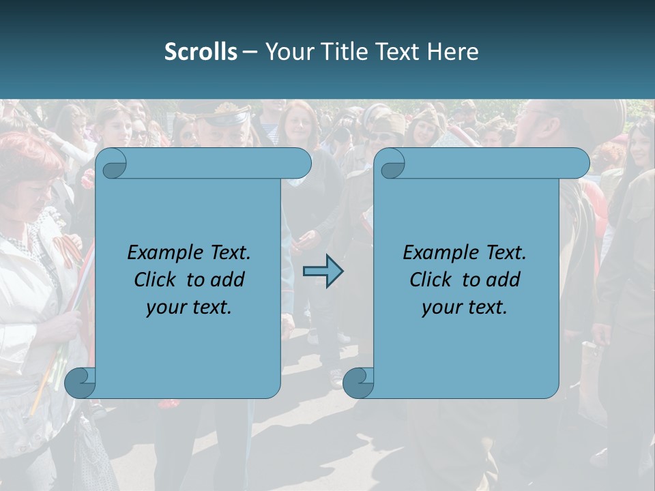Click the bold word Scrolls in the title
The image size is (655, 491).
tap(201, 52)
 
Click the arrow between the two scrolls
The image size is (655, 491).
tap(323, 271)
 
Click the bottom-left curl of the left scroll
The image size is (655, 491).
tap(81, 383)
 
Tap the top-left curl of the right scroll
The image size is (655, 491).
tap(390, 164)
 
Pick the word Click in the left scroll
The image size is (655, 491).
tap(156, 280)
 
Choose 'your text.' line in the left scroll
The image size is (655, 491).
tap(189, 308)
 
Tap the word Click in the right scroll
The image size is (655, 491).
tap(431, 280)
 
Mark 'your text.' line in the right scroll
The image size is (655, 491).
tap(465, 308)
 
